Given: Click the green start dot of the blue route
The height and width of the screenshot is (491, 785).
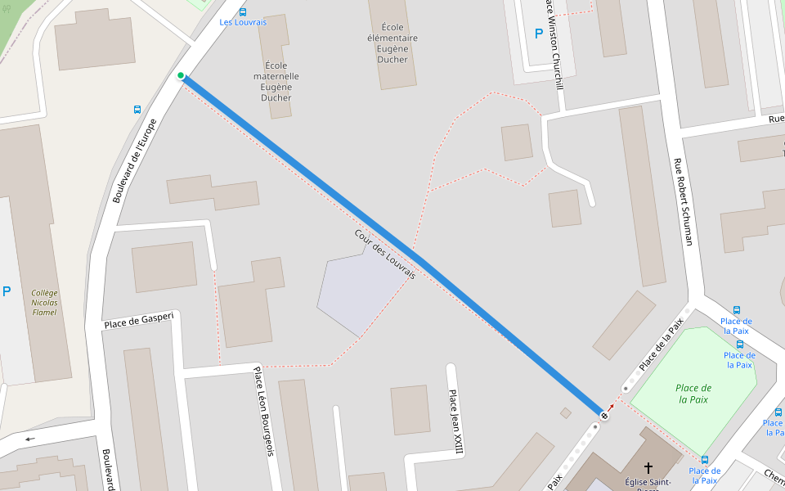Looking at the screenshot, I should (181, 76).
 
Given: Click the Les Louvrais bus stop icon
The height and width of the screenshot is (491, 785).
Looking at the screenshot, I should (243, 11).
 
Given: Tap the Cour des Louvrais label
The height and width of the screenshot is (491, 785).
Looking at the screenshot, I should (385, 255).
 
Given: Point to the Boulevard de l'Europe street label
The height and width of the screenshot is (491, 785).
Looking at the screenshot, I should (134, 160).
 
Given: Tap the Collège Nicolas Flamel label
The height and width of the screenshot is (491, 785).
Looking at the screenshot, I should (45, 302).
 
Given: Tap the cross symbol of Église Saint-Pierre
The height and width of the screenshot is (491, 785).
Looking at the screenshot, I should (648, 468).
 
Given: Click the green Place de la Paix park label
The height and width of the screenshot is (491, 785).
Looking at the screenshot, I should (694, 394).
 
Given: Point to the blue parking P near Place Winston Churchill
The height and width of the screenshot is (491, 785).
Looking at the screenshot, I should (538, 34).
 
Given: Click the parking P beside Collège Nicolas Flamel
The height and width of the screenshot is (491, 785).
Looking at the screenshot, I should (7, 291).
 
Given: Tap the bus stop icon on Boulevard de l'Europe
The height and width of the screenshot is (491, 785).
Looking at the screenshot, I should (137, 109).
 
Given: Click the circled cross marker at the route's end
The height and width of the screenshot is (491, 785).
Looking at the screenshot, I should (604, 417).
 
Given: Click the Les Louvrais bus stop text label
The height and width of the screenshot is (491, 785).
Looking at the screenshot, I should (243, 22).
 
